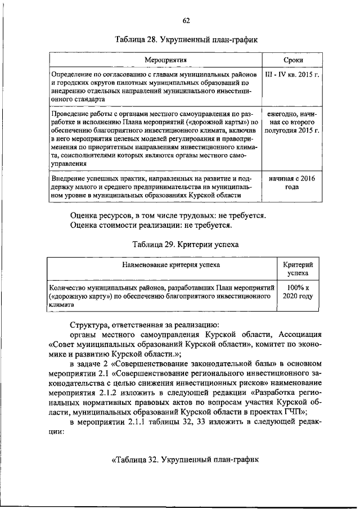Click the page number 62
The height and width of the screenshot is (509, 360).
pyautogui.click(x=186, y=21)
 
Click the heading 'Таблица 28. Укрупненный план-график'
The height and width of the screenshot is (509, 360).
pyautogui.click(x=186, y=40)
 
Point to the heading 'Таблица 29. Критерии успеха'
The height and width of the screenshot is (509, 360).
pyautogui.click(x=186, y=245)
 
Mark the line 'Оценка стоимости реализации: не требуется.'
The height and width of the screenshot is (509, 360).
pyautogui.click(x=152, y=226)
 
